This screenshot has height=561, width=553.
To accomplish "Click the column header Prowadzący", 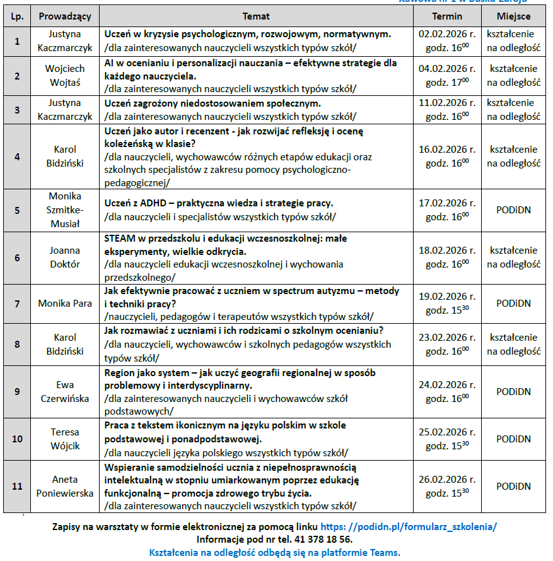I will (x=64, y=16).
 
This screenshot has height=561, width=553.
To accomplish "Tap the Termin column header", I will (x=447, y=16).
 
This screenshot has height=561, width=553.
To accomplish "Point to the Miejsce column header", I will (x=513, y=16).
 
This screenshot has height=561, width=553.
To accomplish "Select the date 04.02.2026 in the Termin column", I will (x=447, y=68).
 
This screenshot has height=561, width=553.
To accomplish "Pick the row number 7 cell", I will (x=17, y=303).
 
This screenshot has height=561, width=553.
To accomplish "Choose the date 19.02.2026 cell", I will (x=447, y=296).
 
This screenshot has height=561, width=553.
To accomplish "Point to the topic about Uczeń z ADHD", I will (x=219, y=203).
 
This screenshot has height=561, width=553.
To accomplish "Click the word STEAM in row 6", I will (x=119, y=238).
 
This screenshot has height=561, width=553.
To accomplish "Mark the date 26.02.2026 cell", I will (x=447, y=480).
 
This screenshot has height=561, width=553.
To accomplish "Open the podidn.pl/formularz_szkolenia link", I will (x=409, y=526).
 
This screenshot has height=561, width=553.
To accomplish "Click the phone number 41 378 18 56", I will (x=320, y=540).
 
